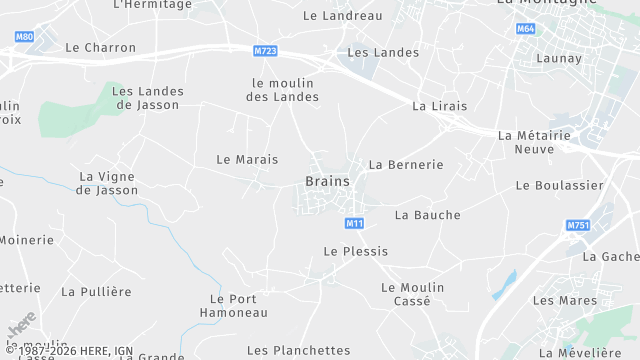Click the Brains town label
pos(327,181)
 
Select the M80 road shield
pos(25,37)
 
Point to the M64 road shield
pos(526,30)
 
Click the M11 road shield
pos(354,222)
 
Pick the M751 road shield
pos(578,226)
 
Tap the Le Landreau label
pos(342,16)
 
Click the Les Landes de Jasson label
pos(146,97)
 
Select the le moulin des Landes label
pos(282,90)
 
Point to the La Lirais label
pos(439,106)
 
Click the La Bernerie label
pos(405,164)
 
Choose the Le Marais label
pos(247,159)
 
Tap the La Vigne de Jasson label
pos(108,183)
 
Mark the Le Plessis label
pos(355,251)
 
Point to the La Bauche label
pos(428,215)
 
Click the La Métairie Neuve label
pos(539,142)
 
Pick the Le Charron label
pos(99,47)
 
